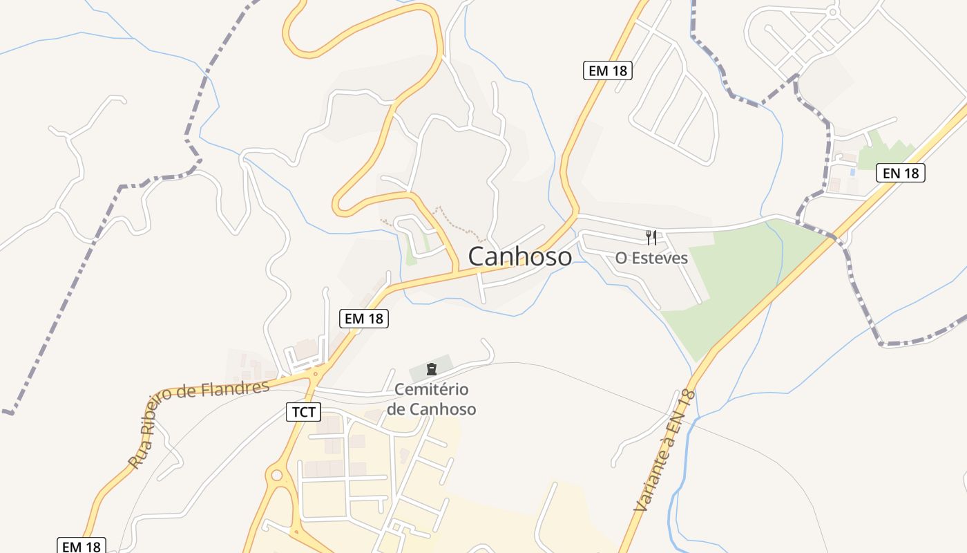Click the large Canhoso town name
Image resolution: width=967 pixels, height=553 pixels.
click(x=520, y=256)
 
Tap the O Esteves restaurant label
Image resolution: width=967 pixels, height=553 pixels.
click(x=651, y=258)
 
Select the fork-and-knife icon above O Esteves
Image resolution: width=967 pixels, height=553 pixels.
click(x=651, y=238)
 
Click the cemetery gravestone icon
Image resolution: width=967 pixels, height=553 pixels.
click(x=432, y=368)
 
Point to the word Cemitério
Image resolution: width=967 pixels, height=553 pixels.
click(x=432, y=390)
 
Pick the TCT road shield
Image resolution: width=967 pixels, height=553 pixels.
click(x=303, y=413)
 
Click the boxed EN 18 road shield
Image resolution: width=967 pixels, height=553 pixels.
click(x=901, y=173)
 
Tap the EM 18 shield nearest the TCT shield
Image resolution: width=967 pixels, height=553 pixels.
click(x=364, y=318)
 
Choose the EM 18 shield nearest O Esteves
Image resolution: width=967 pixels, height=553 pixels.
click(x=607, y=71)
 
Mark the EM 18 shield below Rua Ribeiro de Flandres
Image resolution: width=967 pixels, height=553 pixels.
click(x=81, y=546)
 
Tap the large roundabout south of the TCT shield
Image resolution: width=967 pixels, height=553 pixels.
click(x=277, y=476)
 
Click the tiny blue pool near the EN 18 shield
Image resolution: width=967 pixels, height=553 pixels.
click(x=852, y=171)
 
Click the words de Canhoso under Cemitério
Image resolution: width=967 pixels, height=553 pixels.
click(x=432, y=409)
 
